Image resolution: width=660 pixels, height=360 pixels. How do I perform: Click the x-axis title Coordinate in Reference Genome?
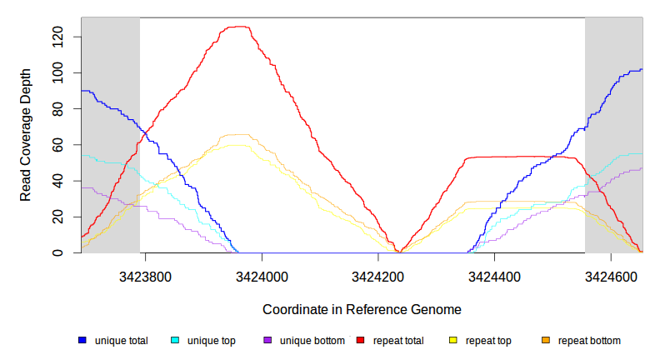(x=362, y=309)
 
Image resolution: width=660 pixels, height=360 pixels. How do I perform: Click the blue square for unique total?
(x=82, y=341)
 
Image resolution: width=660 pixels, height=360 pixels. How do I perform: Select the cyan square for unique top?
(x=175, y=341)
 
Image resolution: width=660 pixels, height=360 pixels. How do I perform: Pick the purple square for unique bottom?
(x=267, y=341)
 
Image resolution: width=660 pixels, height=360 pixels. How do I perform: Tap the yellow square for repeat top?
(x=453, y=341)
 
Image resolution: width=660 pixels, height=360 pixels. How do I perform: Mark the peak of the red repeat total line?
(x=239, y=27)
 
